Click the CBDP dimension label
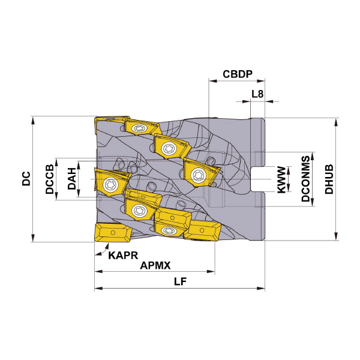tap(238, 74)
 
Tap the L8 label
tap(257, 94)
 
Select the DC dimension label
tap(26, 178)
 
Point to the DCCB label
tap(50, 179)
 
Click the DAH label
tap(71, 179)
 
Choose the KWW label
tap(281, 179)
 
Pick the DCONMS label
tap(305, 179)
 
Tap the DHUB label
tap(329, 179)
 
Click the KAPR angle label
tap(123, 256)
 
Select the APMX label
tap(155, 266)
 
